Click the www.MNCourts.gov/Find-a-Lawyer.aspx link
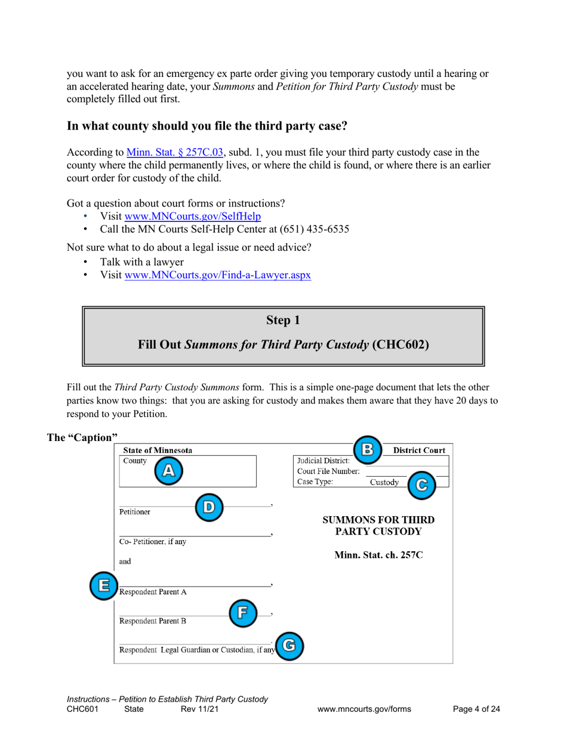(x=217, y=276)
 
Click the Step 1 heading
(x=283, y=320)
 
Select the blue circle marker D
(x=209, y=507)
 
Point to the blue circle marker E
(x=103, y=585)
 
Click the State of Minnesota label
(x=158, y=451)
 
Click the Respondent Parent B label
(x=153, y=621)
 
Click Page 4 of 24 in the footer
(x=476, y=709)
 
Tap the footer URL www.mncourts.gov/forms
(x=365, y=709)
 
